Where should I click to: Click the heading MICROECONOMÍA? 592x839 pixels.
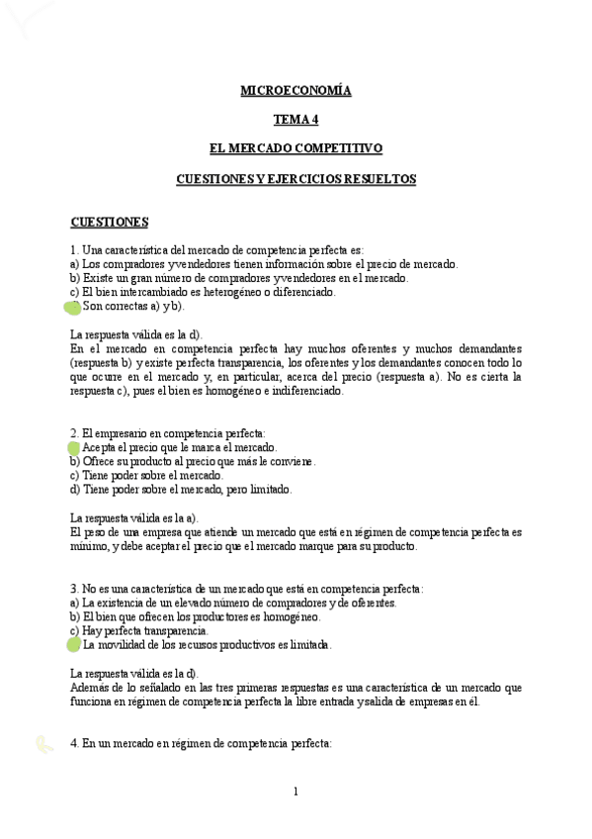[296, 91]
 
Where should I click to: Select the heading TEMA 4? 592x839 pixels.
[296, 121]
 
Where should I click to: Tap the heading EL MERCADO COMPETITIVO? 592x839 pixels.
[296, 149]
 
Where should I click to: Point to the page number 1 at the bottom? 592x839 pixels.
[296, 791]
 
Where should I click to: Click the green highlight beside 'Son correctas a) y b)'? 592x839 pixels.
[73, 308]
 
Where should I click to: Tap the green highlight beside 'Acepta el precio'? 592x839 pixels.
[74, 449]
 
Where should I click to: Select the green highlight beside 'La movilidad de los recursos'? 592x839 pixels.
[74, 645]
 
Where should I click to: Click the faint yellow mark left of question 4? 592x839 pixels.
[41, 743]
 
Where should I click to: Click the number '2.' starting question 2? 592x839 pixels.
[75, 433]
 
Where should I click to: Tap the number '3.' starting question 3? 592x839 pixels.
[75, 588]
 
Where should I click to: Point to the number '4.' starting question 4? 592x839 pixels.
[75, 743]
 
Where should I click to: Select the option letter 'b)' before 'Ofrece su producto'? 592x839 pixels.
[75, 461]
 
